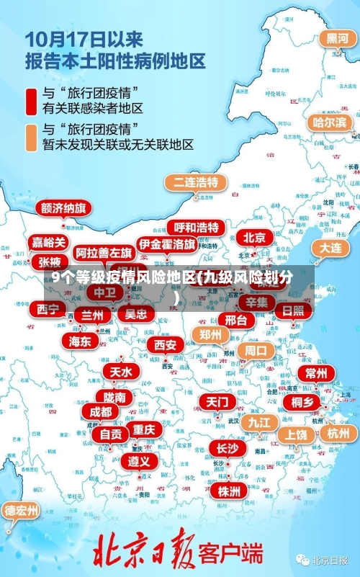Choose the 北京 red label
point(254,237)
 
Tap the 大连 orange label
point(331,247)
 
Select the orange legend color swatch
point(32,136)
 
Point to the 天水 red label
point(121,372)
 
